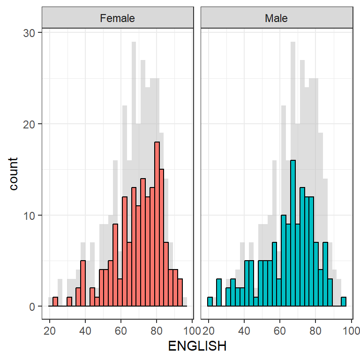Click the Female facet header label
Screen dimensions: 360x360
pyautogui.click(x=117, y=19)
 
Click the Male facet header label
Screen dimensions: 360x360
pyautogui.click(x=276, y=19)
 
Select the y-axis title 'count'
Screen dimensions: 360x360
pyautogui.click(x=14, y=173)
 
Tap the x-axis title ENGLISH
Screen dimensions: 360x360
pyautogui.click(x=197, y=346)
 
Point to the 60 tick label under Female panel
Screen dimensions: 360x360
pyautogui.click(x=121, y=330)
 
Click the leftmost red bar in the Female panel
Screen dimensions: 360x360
pyautogui.click(x=55, y=302)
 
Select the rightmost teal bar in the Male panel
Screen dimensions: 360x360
pyautogui.click(x=344, y=302)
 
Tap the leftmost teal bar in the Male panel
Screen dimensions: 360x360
pyautogui.click(x=210, y=302)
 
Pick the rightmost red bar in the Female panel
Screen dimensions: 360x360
pyautogui.click(x=180, y=293)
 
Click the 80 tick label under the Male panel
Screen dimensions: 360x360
pyautogui.click(x=315, y=330)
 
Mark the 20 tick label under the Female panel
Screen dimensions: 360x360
pyautogui.click(x=49, y=330)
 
